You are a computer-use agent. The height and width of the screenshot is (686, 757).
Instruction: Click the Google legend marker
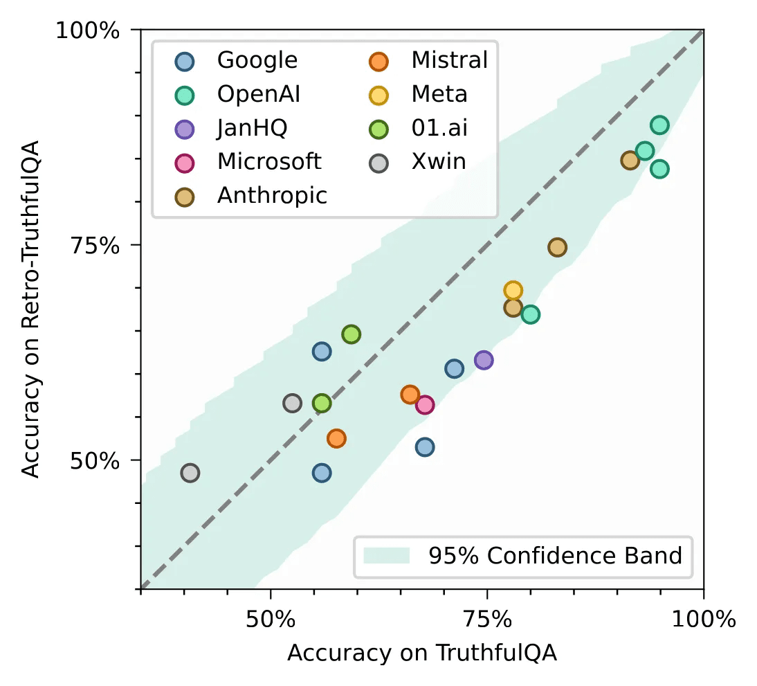click(x=185, y=61)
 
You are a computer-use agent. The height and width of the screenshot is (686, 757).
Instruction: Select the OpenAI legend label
click(x=258, y=94)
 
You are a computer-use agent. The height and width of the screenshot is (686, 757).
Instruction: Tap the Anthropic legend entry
click(x=272, y=195)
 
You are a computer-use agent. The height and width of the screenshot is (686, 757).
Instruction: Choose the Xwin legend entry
click(x=439, y=161)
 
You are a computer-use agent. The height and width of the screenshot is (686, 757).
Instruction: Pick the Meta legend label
click(x=439, y=94)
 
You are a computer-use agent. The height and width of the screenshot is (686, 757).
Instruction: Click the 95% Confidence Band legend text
click(x=555, y=556)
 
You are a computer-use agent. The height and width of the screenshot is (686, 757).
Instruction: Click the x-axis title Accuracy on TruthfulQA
click(x=422, y=653)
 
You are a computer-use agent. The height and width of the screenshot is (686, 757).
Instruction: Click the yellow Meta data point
click(x=513, y=290)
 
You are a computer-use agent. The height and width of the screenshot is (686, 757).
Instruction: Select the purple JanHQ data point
click(x=484, y=360)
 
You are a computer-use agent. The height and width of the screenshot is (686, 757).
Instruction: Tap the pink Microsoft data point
click(x=424, y=405)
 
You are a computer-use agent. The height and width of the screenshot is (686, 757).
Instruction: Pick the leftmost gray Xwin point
click(x=190, y=473)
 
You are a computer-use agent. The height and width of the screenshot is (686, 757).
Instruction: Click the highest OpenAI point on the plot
click(x=659, y=125)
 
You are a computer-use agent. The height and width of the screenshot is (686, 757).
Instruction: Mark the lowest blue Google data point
click(x=322, y=473)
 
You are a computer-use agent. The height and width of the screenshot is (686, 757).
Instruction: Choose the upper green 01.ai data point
click(x=352, y=334)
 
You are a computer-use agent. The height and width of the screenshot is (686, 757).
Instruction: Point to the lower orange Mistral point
click(x=337, y=438)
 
